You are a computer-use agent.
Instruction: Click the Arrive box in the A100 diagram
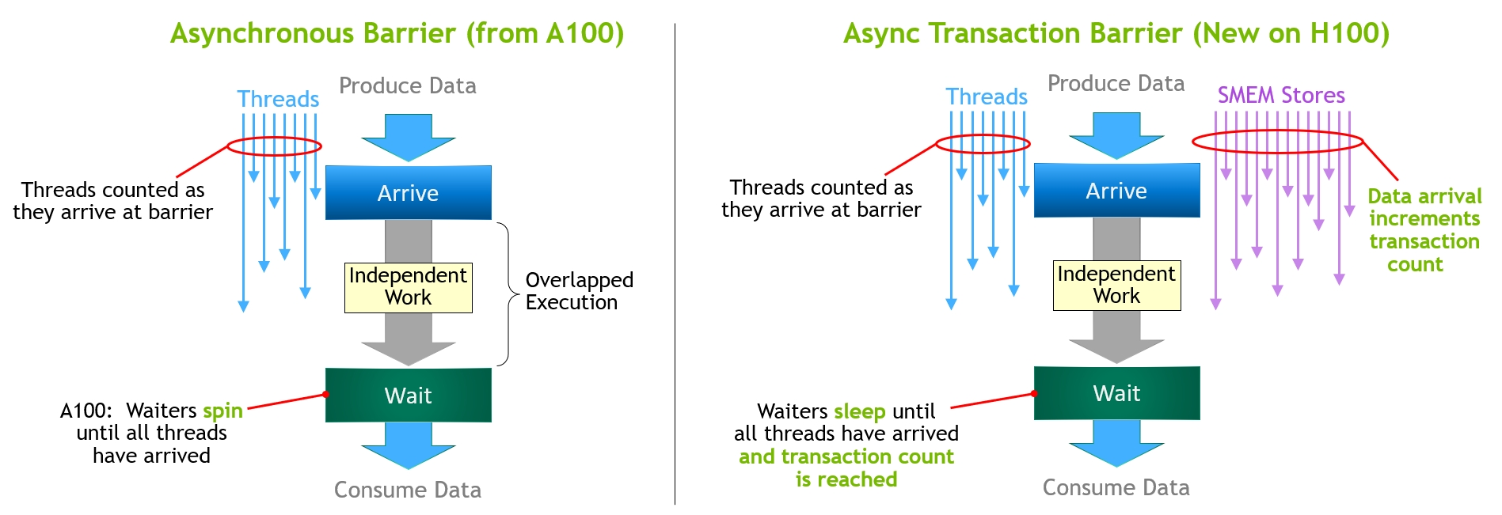[408, 193]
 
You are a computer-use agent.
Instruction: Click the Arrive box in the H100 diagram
[1116, 191]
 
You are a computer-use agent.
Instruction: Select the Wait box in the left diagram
[408, 395]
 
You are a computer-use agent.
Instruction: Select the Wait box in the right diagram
[1116, 392]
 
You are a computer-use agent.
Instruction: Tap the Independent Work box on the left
[408, 287]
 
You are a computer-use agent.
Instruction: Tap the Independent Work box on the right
[1116, 285]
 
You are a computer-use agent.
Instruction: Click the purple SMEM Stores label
[1280, 96]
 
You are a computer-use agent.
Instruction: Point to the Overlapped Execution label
[579, 291]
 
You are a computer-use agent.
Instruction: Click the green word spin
[222, 411]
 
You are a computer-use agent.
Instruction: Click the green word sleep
[859, 411]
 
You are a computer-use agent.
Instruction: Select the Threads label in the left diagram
[278, 100]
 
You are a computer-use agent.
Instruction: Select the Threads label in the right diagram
[987, 97]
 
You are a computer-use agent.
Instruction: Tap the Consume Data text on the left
[407, 490]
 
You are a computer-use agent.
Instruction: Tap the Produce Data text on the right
[1116, 84]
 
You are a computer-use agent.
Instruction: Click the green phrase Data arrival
[1424, 196]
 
